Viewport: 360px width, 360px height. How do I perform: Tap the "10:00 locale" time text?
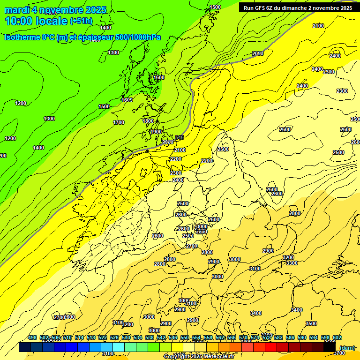coord(36,21)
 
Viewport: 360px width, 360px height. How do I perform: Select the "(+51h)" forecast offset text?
coord(81,21)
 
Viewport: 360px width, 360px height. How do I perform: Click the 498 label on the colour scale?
coord(32,338)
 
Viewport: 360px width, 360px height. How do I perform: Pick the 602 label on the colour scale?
coord(337,338)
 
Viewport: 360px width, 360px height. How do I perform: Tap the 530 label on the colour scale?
coord(126,338)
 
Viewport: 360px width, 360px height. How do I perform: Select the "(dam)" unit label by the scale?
coord(347,348)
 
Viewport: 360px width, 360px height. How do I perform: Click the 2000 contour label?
coord(258,53)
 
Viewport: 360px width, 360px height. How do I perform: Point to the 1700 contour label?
coord(119,122)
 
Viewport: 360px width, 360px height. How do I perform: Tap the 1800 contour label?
coord(148,121)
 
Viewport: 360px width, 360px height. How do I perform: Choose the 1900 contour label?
coord(156,132)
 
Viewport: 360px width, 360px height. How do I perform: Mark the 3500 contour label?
coord(311,323)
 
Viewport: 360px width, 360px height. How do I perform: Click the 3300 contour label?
coord(292,263)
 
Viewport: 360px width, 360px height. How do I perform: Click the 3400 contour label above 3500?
coord(296,310)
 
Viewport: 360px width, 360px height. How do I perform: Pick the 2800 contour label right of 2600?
coord(295,213)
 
